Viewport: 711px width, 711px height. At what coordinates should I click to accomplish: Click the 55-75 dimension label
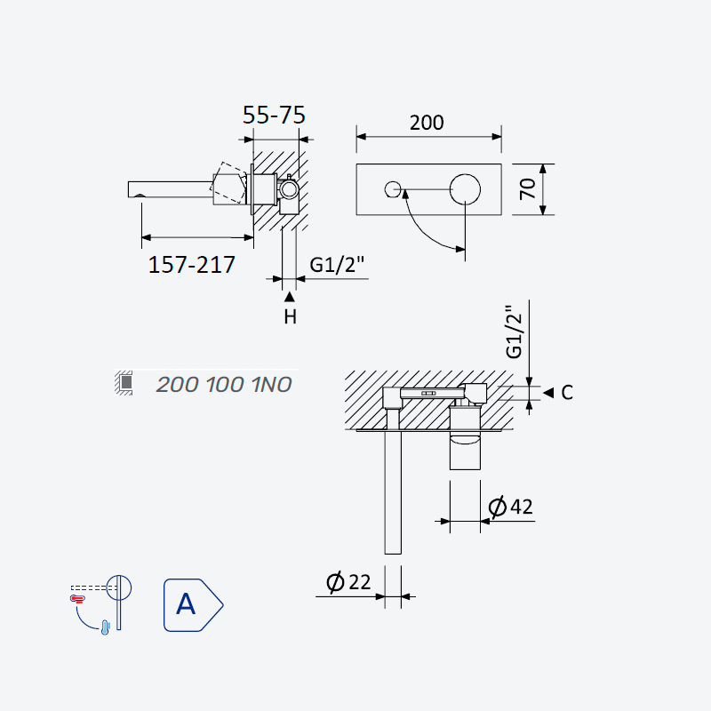pos(274,115)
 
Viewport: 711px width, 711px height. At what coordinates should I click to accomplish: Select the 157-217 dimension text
pos(191,264)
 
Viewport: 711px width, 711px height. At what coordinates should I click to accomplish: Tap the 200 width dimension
pos(427,123)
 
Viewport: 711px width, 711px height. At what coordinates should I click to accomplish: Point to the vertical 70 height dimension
pos(527,188)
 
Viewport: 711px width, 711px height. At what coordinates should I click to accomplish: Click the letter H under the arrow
pos(291,317)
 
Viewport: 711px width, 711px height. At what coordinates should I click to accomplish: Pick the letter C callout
pos(567,393)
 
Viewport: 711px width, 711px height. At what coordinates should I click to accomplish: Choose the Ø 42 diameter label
pos(510,507)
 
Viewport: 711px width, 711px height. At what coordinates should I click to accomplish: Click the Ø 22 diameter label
pos(348,582)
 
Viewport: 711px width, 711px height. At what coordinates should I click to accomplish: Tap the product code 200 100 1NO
pos(224,385)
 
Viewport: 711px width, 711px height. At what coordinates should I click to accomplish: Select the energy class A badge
pos(193,605)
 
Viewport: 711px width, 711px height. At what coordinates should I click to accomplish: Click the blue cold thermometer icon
pos(106,627)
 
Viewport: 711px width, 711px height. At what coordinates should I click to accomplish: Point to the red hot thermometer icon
pos(77,599)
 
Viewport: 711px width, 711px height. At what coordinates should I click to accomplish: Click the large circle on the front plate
pos(465,189)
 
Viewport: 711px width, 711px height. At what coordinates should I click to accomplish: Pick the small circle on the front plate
pos(393,189)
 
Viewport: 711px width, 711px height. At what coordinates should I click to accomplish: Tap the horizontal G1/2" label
pos(337,265)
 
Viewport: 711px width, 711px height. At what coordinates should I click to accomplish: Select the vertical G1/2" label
pos(515,332)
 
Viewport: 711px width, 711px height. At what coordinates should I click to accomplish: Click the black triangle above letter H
pos(290,297)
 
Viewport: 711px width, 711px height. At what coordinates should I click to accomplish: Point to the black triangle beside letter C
pos(548,393)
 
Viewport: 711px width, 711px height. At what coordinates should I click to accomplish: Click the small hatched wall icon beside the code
pos(124,383)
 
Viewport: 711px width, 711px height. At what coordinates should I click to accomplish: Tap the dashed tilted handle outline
pos(228,183)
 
